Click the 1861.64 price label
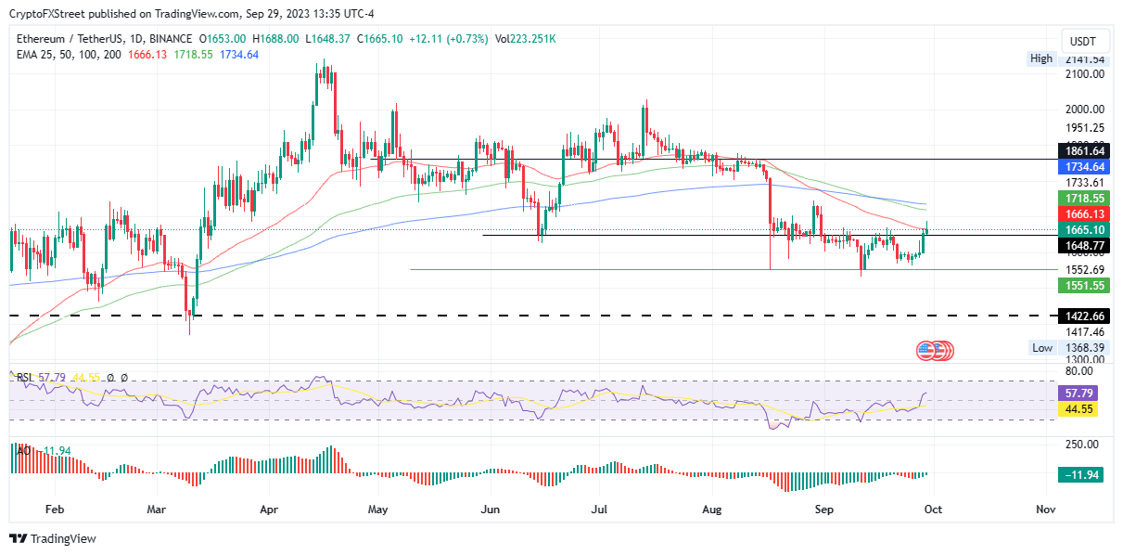pos(1084,150)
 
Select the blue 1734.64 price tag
pos(1084,167)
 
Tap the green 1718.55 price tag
pos(1084,199)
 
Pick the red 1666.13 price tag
pos(1084,214)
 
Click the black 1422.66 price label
pos(1084,316)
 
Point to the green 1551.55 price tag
pos(1084,286)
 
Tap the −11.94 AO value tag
pos(1083,475)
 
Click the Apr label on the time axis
pos(270,510)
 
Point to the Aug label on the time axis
pos(712,510)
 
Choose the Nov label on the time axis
pos(1045,510)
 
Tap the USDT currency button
pos(1083,42)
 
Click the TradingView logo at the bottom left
pos(53,538)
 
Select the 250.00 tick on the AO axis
pos(1080,445)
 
